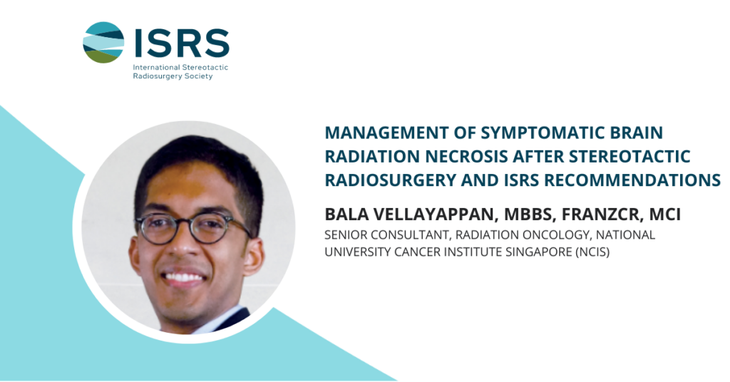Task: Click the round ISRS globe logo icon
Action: pyautogui.click(x=103, y=42)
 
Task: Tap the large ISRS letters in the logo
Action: pyautogui.click(x=182, y=43)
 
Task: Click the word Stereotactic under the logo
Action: pyautogui.click(x=205, y=67)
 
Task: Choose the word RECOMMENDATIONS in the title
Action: pyautogui.click(x=632, y=180)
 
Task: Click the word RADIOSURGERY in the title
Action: pyautogui.click(x=390, y=180)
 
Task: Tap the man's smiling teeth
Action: pyautogui.click(x=184, y=277)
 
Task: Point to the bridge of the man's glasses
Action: pyautogui.click(x=184, y=222)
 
